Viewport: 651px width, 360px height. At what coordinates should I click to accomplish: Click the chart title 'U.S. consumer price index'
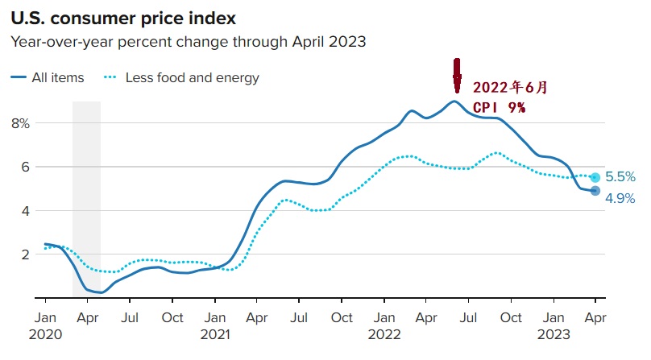coord(128,15)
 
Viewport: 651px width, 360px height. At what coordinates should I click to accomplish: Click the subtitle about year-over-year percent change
coord(189,41)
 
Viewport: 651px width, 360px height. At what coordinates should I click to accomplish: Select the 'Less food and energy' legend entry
coord(181,78)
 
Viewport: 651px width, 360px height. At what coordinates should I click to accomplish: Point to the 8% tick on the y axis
coord(20,123)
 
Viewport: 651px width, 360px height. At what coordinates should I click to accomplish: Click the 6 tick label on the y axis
coord(24,167)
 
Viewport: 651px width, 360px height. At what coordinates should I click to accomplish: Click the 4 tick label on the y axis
coord(24,210)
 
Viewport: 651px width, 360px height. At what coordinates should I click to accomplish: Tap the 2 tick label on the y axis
coord(24,254)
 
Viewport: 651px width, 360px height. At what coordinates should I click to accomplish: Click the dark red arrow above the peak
coord(457,76)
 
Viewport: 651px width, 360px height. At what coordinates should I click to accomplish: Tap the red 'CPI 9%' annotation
coord(498,107)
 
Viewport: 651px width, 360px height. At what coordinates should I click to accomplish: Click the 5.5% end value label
coord(620,176)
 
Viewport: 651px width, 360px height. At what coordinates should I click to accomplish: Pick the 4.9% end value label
coord(620,198)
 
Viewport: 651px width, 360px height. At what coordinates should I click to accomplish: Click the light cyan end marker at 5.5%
coord(595,177)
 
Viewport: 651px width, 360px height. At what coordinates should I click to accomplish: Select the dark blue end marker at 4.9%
coord(595,191)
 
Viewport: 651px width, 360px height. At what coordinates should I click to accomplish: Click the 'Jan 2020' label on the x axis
coord(45,325)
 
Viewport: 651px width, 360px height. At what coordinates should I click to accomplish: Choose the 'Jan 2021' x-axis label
coord(214,325)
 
